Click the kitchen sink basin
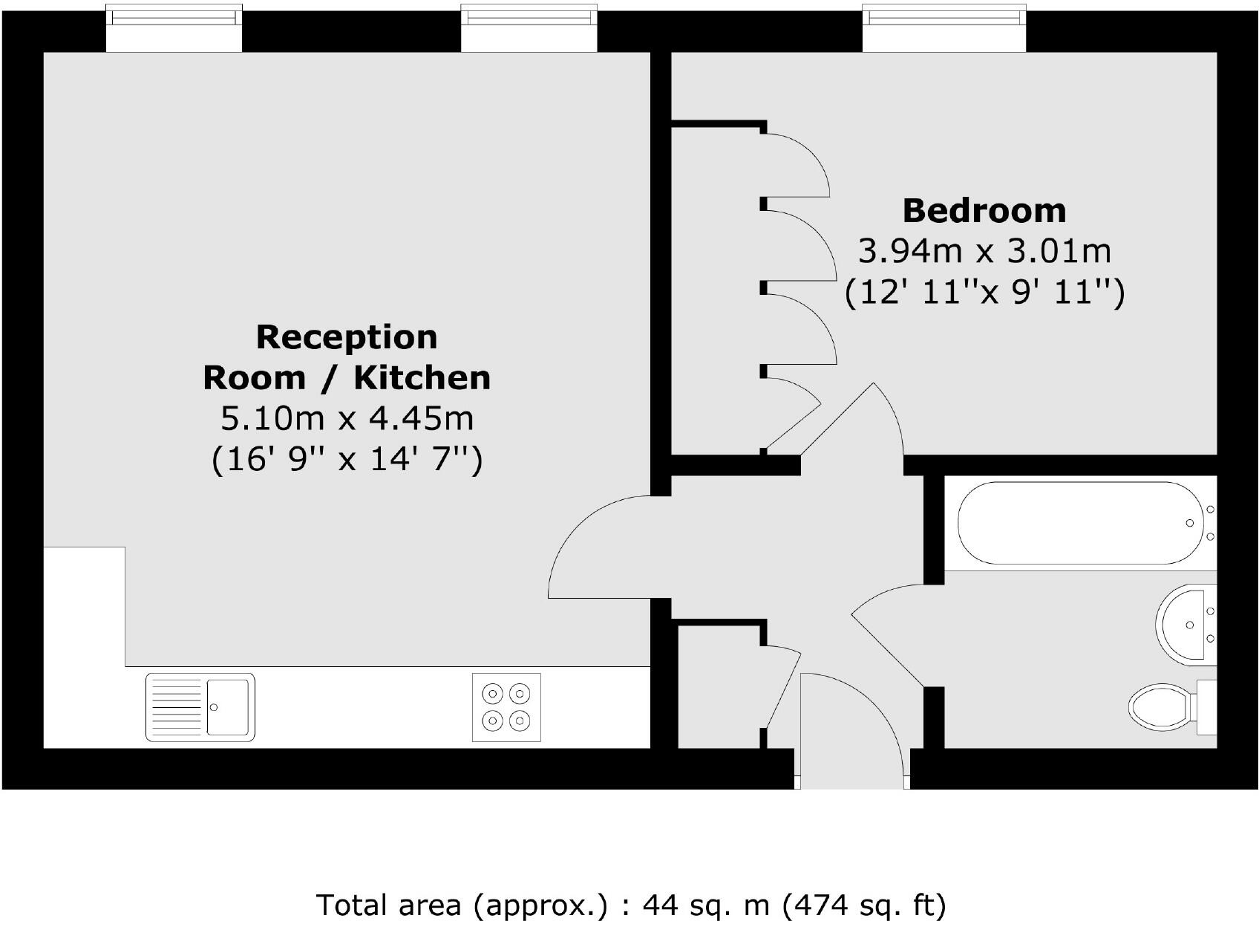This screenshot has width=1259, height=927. point(227,706)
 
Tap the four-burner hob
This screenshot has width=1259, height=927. point(506,707)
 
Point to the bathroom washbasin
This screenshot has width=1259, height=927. point(1186,622)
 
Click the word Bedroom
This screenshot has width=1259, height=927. point(984,211)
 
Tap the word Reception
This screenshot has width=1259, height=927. point(347,337)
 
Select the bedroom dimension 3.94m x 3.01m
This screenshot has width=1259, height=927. point(984,251)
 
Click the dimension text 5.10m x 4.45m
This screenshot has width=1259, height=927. point(347,418)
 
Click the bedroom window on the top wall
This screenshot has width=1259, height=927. point(944,27)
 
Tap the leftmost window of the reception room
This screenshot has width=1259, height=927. point(174,27)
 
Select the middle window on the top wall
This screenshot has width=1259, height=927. point(529,27)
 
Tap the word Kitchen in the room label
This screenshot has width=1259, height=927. point(422,378)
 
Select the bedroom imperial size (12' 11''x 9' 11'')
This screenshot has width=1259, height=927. point(984,292)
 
